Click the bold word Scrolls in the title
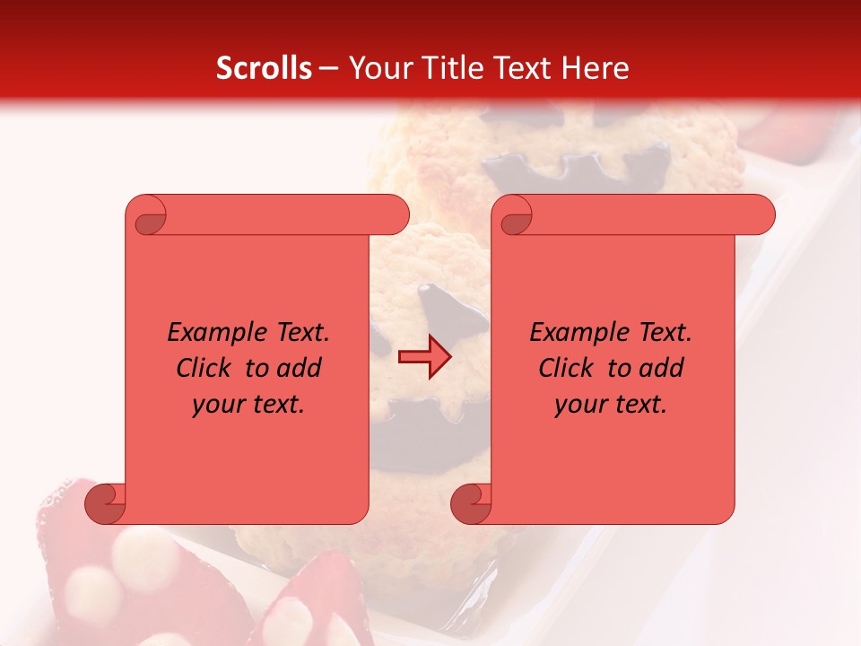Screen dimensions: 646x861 pos(264,68)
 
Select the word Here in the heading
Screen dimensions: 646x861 pos(595,68)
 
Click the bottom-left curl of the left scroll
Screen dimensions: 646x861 pos(106,503)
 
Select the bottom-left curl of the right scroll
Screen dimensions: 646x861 pos(471,503)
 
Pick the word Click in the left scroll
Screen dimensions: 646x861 pos(196,368)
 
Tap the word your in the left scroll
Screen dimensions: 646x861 pos(219,404)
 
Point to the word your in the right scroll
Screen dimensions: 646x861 pos(581,404)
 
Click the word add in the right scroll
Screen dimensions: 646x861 pos(663,368)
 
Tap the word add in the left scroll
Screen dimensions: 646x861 pos(300,368)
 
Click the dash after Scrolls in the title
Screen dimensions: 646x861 pos(328,69)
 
